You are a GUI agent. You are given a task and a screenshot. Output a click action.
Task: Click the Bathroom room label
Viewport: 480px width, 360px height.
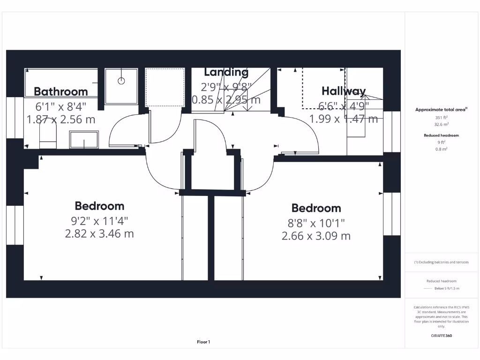[60, 91]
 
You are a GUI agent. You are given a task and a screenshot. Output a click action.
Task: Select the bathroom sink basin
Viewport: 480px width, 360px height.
[84, 139]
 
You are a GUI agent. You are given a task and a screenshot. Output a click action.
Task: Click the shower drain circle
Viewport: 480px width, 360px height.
[121, 81]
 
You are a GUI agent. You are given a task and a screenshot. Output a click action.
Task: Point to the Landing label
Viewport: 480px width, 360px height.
[226, 72]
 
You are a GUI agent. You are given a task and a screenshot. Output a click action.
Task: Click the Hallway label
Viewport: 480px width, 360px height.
[343, 91]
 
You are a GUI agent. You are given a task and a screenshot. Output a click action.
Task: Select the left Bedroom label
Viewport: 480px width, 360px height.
[99, 206]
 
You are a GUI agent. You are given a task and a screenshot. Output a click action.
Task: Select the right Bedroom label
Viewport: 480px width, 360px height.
[316, 208]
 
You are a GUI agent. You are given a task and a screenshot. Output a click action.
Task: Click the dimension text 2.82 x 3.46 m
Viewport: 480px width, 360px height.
[99, 233]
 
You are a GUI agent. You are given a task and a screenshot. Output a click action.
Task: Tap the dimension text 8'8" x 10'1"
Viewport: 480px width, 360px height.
[316, 223]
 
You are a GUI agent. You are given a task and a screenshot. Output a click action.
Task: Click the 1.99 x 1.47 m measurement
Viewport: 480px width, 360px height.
[343, 119]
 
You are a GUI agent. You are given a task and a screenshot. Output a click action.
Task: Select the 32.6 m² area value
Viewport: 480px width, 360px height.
[441, 125]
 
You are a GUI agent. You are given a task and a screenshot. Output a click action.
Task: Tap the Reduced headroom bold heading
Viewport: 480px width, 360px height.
[441, 135]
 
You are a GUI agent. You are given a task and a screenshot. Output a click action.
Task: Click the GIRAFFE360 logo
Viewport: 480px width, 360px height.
[441, 336]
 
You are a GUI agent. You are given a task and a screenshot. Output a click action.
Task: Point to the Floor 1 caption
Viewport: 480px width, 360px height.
[203, 342]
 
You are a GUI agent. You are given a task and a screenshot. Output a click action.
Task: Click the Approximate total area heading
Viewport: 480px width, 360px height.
[441, 109]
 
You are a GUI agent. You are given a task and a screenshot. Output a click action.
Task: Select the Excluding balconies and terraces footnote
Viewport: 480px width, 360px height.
[441, 262]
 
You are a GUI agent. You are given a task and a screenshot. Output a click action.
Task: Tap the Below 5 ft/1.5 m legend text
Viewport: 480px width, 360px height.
[447, 288]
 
